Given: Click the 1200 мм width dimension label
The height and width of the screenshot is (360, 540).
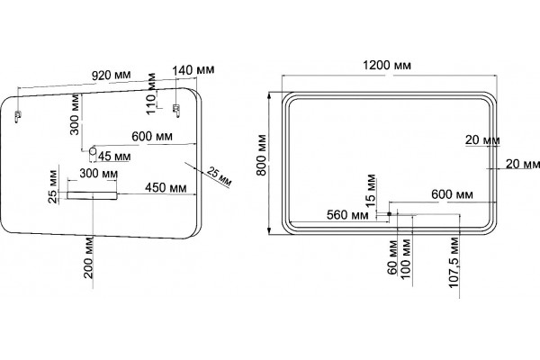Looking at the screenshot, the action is [x=387, y=65].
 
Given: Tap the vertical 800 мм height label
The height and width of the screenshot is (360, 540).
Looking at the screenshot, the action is [x=262, y=155].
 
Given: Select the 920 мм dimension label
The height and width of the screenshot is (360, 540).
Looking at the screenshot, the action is [x=112, y=75].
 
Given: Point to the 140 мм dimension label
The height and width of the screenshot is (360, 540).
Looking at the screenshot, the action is [x=193, y=70].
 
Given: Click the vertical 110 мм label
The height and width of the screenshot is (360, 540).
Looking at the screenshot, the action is [x=151, y=94].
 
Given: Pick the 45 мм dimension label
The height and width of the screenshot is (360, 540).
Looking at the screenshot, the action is [x=114, y=156].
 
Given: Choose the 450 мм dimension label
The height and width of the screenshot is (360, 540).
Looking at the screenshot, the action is [x=166, y=188].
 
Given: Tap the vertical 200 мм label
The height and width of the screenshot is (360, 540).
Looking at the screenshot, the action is [x=88, y=257].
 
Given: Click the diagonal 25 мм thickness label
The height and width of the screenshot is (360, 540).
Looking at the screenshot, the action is [x=219, y=176].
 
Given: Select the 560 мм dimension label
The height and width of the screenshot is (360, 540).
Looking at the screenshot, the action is [x=347, y=215].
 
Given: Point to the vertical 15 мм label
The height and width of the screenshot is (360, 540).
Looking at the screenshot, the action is [x=371, y=191].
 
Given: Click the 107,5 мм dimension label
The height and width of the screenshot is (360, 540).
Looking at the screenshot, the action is [x=454, y=263].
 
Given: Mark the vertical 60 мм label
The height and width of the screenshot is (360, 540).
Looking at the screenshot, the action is [x=392, y=257].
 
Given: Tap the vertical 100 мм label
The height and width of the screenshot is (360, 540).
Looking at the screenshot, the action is [x=406, y=257].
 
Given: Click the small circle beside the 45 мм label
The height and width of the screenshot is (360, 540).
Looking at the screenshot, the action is [x=93, y=150].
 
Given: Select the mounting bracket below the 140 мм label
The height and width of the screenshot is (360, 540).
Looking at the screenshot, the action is [x=176, y=110].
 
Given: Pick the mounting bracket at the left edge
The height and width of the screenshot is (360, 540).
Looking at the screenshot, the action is [x=17, y=116].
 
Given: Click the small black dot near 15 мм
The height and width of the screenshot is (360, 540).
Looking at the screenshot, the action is [x=389, y=214].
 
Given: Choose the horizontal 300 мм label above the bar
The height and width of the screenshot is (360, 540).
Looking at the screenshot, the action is [x=98, y=174].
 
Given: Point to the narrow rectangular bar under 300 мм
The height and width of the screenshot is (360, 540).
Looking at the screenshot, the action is [x=92, y=195].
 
